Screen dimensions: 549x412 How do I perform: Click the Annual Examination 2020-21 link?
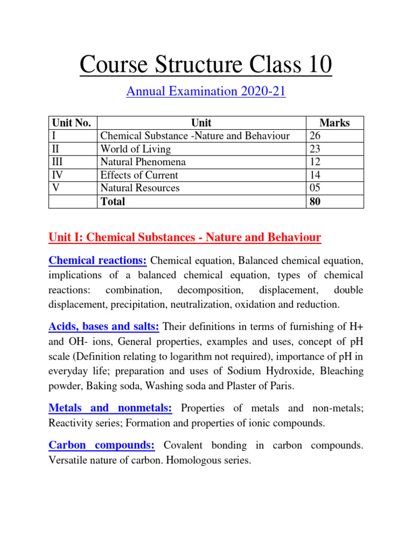coord(206,92)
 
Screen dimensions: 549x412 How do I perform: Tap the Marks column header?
coord(334,123)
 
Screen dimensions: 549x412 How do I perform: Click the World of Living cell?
coord(136,149)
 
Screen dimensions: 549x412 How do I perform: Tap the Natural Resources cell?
coord(140,188)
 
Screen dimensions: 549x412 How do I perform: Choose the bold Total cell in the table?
coord(113,202)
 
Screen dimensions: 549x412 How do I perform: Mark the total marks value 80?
coord(314,202)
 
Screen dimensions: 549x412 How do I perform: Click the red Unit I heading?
coord(185,237)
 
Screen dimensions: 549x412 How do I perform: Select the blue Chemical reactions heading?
coord(98,261)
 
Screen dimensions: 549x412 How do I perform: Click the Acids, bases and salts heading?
coord(104,326)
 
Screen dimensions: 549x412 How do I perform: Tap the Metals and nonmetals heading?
coord(111,408)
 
